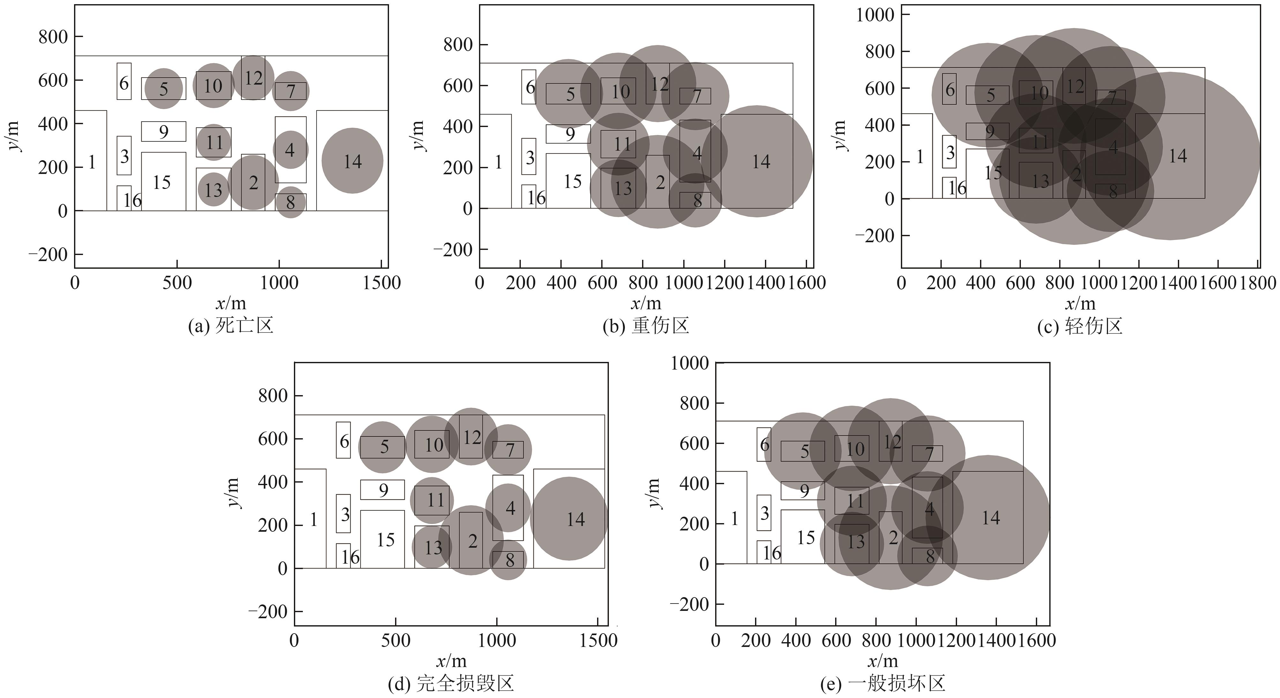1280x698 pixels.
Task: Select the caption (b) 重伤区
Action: pyautogui.click(x=646, y=326)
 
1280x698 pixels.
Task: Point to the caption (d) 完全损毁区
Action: pyautogui.click(x=450, y=684)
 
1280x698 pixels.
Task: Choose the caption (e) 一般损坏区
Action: pyautogui.click(x=882, y=684)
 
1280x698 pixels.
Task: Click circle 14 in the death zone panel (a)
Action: pyautogui.click(x=352, y=161)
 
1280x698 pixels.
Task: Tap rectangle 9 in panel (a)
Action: pyautogui.click(x=163, y=131)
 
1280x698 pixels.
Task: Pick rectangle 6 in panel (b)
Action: pyautogui.click(x=529, y=87)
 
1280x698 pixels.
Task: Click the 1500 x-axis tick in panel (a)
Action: pyautogui.click(x=382, y=283)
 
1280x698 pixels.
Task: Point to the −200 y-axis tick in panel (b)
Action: pyautogui.click(x=453, y=249)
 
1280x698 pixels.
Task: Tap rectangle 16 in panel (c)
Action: pyautogui.click(x=949, y=188)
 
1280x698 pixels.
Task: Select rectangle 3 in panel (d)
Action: pyautogui.click(x=343, y=513)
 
